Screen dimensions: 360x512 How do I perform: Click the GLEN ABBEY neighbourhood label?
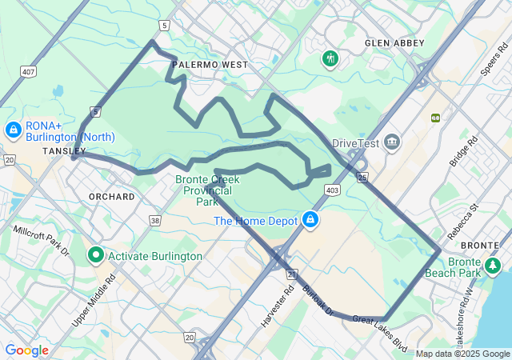(394, 42)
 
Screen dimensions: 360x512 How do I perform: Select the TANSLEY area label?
(64, 150)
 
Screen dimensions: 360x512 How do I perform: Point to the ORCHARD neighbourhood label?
(112, 196)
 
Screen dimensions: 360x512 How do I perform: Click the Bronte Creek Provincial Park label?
(203, 190)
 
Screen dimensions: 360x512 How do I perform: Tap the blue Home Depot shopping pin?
(310, 219)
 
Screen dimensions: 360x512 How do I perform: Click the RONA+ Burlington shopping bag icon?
(13, 129)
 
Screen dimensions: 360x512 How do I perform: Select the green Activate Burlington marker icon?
(96, 255)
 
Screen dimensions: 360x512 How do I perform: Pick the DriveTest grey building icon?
(392, 142)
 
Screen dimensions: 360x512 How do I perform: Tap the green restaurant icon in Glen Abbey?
(330, 58)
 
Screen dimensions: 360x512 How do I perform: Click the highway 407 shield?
(29, 72)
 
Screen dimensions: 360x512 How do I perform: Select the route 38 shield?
(154, 219)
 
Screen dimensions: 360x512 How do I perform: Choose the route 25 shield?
(362, 177)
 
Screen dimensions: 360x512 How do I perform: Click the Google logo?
(26, 350)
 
